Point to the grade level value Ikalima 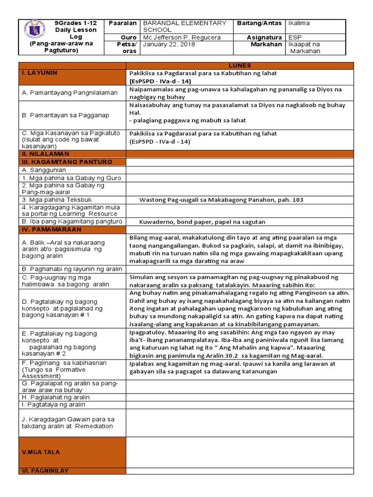299,23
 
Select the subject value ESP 295,37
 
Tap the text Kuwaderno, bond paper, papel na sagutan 203,222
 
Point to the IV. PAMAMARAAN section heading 51,229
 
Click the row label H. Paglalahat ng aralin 56,397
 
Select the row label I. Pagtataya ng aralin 53,404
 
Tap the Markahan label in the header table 266,45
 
